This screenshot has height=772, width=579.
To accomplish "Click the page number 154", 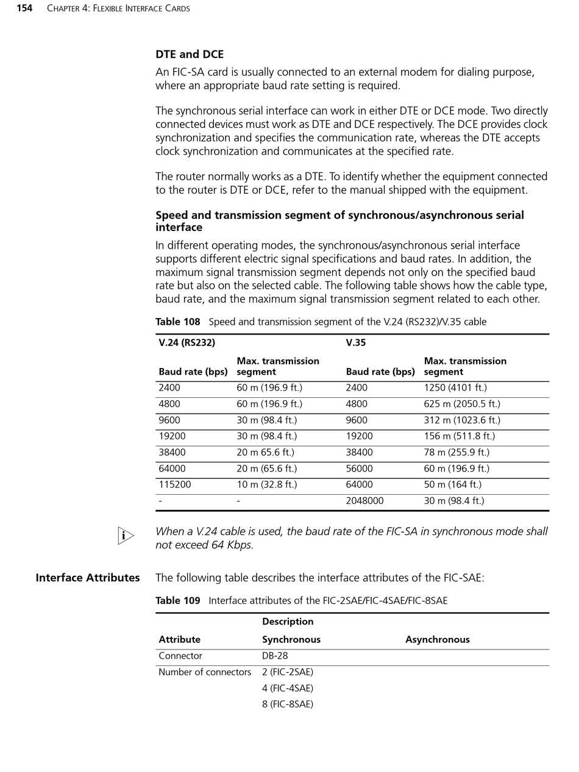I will pos(24,9).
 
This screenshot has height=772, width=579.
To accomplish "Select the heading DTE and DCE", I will pos(190,54).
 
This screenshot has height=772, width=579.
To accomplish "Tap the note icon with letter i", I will pos(126,536).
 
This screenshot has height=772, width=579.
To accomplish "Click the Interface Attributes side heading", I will pos(87,578).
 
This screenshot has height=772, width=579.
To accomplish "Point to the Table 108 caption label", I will pos(177,322).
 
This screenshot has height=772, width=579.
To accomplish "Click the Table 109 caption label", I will pos(177,601).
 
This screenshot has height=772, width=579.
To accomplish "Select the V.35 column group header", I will pos(355,342).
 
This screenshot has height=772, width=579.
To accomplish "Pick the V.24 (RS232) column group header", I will pos(186,342).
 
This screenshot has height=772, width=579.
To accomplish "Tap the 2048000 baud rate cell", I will pos(364,501).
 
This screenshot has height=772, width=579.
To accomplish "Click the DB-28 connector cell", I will pos(275,656).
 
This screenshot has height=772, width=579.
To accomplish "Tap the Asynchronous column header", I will pos(437,640).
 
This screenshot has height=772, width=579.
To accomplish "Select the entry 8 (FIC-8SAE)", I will pos(287,704).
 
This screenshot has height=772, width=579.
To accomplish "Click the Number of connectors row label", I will pos(204,672).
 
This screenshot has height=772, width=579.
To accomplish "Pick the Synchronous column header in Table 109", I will pos(291,640).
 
